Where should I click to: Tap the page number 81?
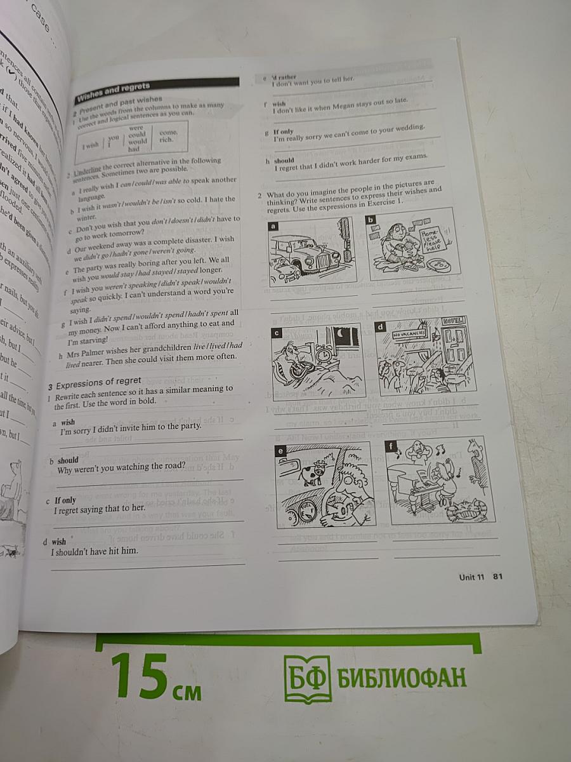(x=497, y=577)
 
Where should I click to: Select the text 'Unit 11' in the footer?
(x=472, y=577)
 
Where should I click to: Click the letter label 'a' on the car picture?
(x=273, y=226)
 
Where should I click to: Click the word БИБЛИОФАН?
(x=402, y=678)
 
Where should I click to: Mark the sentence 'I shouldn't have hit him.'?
(x=95, y=551)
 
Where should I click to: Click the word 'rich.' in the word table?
(x=167, y=140)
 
